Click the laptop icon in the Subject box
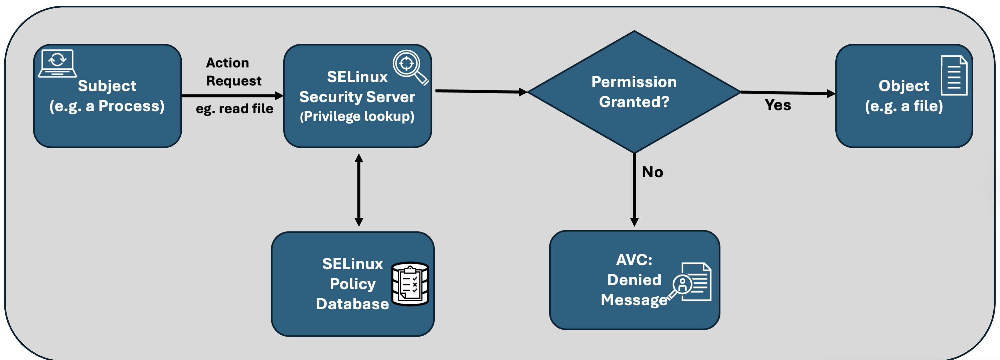pyautogui.click(x=57, y=63)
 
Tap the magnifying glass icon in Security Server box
pyautogui.click(x=410, y=67)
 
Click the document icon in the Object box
pyautogui.click(x=954, y=75)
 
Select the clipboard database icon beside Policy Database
pyautogui.click(x=410, y=284)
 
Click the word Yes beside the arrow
pyautogui.click(x=778, y=105)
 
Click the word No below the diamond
pyautogui.click(x=652, y=172)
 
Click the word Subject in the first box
pyautogui.click(x=107, y=86)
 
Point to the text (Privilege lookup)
pyautogui.click(x=357, y=116)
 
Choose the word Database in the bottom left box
pyautogui.click(x=352, y=304)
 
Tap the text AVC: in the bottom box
pyautogui.click(x=634, y=260)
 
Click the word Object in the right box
pyautogui.click(x=903, y=86)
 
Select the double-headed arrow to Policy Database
pyautogui.click(x=359, y=190)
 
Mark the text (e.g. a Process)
pyautogui.click(x=107, y=106)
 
